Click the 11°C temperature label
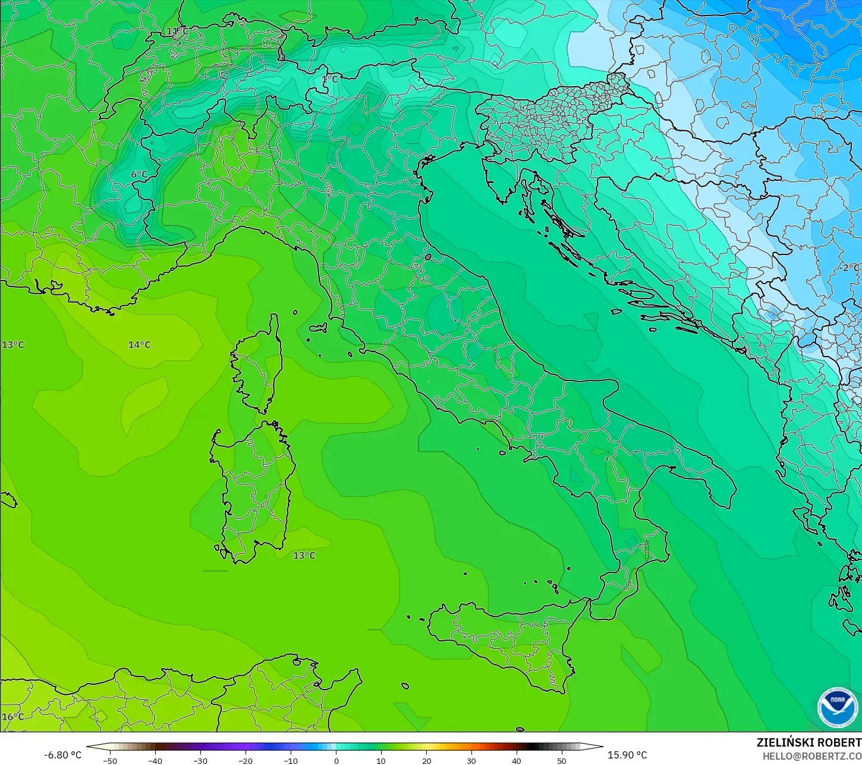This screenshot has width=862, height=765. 177,32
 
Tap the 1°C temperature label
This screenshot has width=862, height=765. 329,79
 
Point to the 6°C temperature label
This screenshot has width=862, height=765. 139,174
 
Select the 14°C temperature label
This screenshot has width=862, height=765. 140,345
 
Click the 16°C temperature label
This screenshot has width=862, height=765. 13,717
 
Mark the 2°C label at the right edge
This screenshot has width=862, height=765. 851,268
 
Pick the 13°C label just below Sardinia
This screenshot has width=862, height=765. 304,555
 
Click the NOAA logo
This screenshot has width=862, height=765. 837,707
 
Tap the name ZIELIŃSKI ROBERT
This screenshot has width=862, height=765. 808,743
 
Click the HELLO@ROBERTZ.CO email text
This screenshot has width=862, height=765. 812,756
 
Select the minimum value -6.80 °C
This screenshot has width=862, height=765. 63,755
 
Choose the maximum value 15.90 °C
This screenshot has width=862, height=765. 627,755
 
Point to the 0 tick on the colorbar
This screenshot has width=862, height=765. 336,761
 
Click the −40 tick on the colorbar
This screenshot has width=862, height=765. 155,761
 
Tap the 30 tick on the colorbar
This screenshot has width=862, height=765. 471,761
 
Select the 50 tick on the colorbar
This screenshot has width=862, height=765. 562,761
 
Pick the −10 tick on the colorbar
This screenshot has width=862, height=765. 291,761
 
